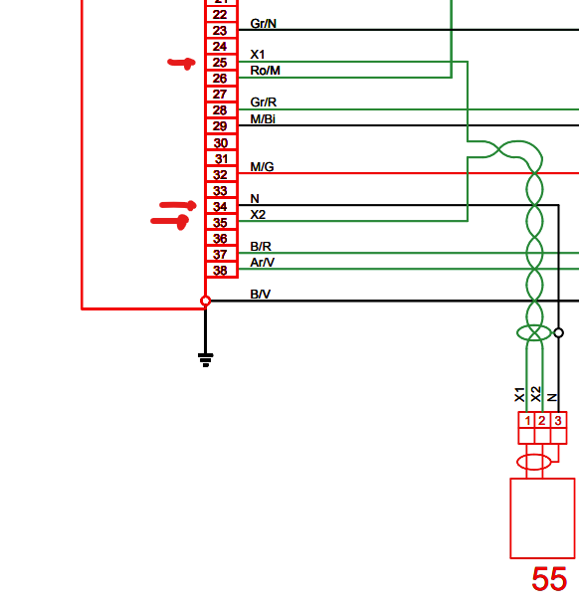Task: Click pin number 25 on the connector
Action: pyautogui.click(x=220, y=63)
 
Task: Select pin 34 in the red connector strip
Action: pyautogui.click(x=220, y=207)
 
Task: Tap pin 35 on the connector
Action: pyautogui.click(x=220, y=223)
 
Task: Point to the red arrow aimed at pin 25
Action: pyautogui.click(x=181, y=64)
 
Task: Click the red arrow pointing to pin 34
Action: pyautogui.click(x=178, y=205)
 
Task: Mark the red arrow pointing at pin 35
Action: pyautogui.click(x=170, y=222)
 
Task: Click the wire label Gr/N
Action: pyautogui.click(x=264, y=24)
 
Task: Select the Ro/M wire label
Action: pyautogui.click(x=266, y=71)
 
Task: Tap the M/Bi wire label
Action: pyautogui.click(x=263, y=119)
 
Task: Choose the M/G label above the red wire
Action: pyautogui.click(x=262, y=167)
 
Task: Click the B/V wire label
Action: pyautogui.click(x=261, y=295)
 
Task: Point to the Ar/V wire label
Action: pyautogui.click(x=263, y=263)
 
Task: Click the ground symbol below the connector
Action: pyautogui.click(x=205, y=359)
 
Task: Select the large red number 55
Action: pyautogui.click(x=549, y=579)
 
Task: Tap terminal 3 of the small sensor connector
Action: pyautogui.click(x=558, y=421)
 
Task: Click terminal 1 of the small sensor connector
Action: pyautogui.click(x=527, y=421)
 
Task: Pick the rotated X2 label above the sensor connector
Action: pyautogui.click(x=536, y=394)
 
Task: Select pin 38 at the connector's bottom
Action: pyautogui.click(x=220, y=271)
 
